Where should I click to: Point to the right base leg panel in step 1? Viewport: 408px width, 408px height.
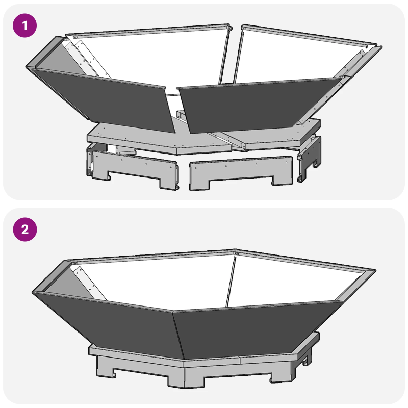242,173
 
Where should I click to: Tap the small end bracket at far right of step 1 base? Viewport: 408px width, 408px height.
310,158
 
